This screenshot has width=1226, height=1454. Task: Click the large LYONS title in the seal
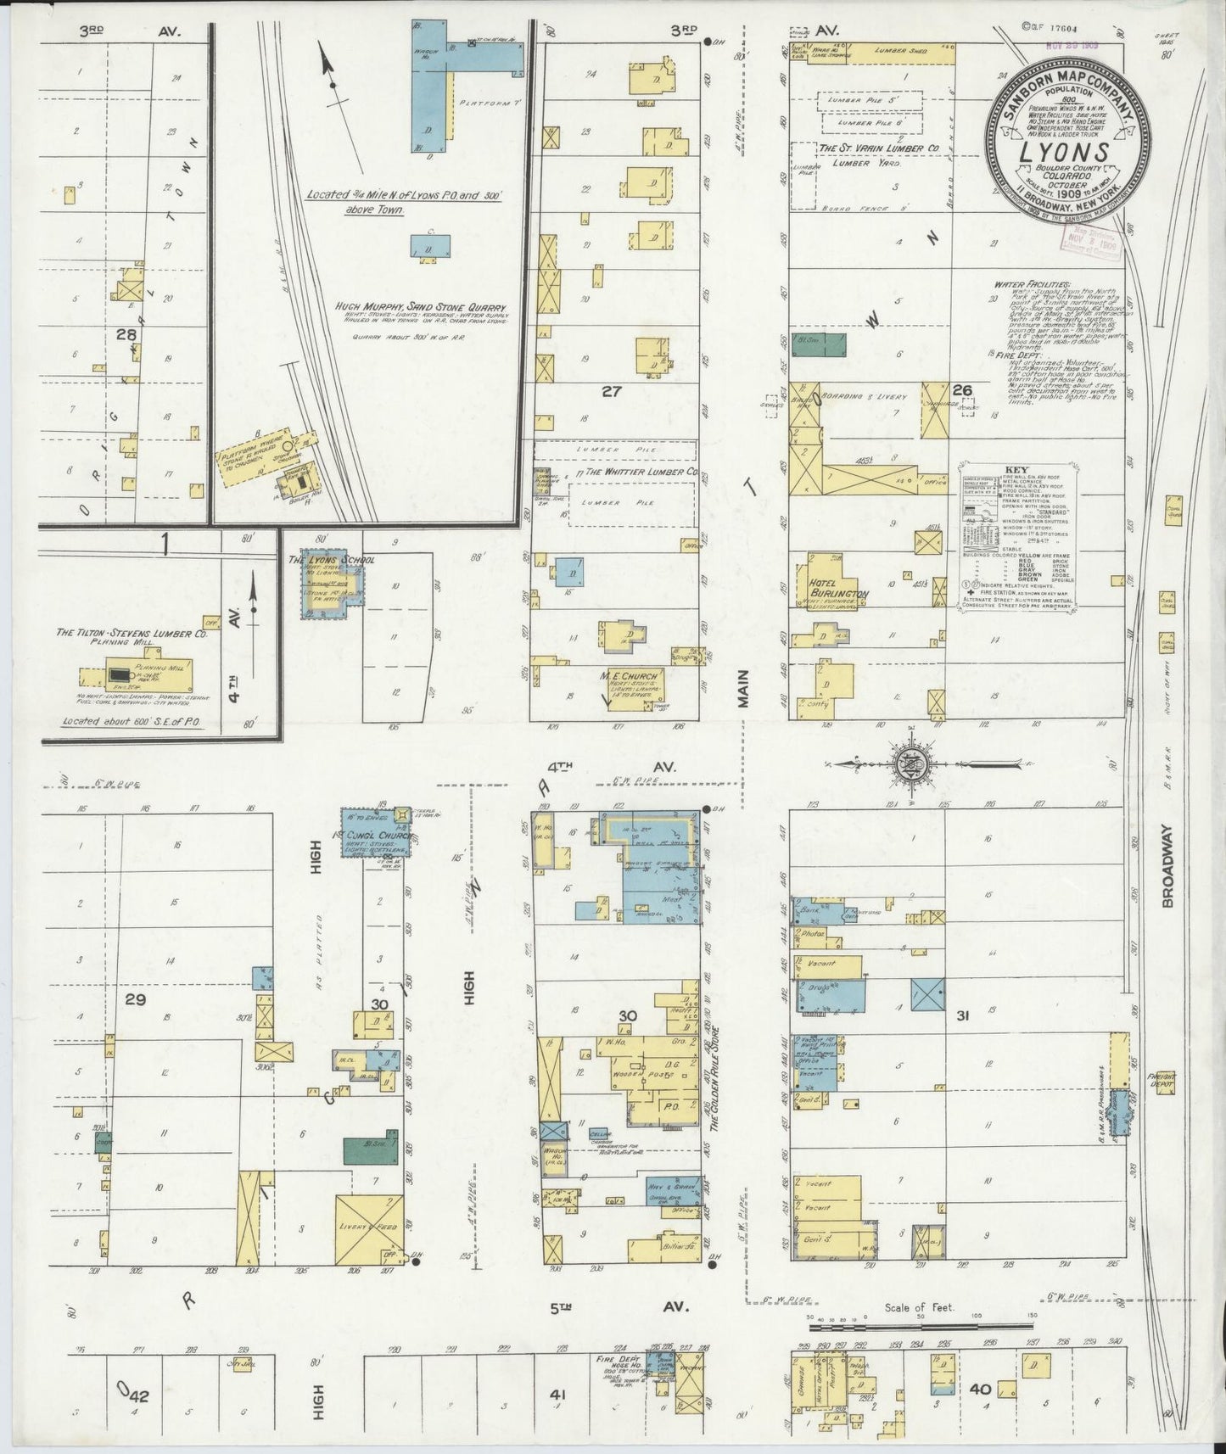point(1067,153)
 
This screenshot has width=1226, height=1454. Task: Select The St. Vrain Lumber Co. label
point(877,148)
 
